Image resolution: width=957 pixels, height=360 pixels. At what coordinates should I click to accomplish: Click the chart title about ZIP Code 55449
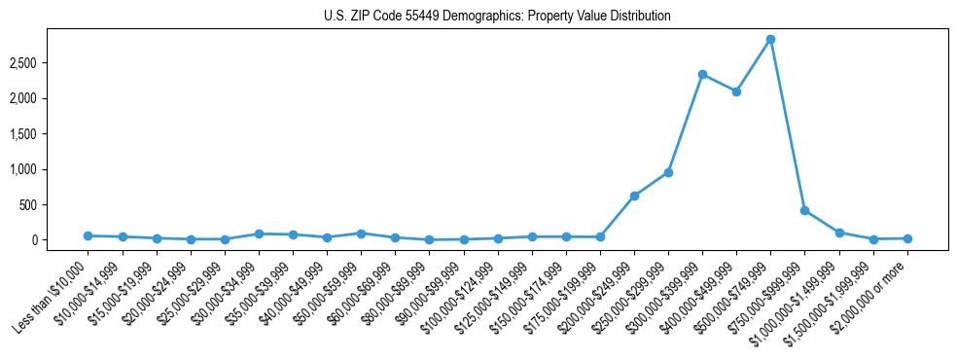pos(497,17)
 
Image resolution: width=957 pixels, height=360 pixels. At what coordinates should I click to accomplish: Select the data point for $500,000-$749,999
pos(770,40)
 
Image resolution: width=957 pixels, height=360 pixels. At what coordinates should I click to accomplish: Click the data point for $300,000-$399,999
pos(702,74)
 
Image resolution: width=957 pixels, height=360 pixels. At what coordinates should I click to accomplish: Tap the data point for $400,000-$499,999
pos(736,91)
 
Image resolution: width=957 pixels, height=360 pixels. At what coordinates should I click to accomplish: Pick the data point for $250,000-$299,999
pos(668,172)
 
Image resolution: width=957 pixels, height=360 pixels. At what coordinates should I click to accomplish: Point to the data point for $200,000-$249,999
pos(634,196)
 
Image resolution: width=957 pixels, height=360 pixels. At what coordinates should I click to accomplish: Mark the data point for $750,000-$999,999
pos(804,210)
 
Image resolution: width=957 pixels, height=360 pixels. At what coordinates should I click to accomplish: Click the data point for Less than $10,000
pos(89,235)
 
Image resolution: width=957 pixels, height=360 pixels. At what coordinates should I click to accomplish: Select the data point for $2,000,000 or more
pos(907,238)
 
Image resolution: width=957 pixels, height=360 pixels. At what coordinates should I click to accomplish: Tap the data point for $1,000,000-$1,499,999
pos(838,233)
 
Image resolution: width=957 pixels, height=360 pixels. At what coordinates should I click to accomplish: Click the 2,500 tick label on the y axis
pos(50,63)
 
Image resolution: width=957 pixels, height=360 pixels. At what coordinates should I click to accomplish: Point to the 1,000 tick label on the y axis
pos(50,169)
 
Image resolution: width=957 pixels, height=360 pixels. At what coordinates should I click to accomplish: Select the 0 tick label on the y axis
pos(60,240)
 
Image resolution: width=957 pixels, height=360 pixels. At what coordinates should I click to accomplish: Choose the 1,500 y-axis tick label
pos(50,134)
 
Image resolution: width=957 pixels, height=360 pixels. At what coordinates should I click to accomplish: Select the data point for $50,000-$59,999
pos(361,234)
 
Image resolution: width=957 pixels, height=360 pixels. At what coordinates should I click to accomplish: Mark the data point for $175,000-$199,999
pos(600,237)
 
